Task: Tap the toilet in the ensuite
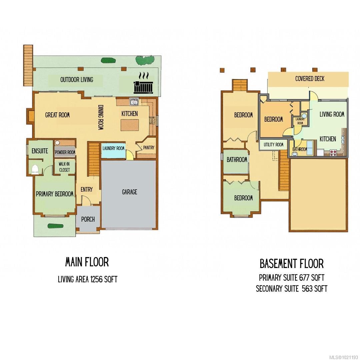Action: pyautogui.click(x=35, y=169)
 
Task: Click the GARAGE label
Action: pyautogui.click(x=129, y=192)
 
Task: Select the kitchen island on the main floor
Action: pyautogui.click(x=130, y=125)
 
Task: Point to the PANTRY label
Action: pyautogui.click(x=149, y=148)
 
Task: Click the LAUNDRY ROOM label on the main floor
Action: pyautogui.click(x=113, y=148)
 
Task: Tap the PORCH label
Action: pyautogui.click(x=88, y=219)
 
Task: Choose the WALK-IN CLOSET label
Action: pyautogui.click(x=64, y=167)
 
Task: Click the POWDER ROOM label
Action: pyautogui.click(x=65, y=152)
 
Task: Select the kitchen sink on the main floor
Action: pyautogui.click(x=134, y=101)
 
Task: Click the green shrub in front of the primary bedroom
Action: pyautogui.click(x=55, y=226)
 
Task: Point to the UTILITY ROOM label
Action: pyautogui.click(x=273, y=145)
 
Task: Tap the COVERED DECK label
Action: pyautogui.click(x=310, y=79)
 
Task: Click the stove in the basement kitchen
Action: pyautogui.click(x=333, y=153)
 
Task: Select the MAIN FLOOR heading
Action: pyautogui.click(x=87, y=262)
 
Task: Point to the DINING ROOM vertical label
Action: pyautogui.click(x=101, y=117)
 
